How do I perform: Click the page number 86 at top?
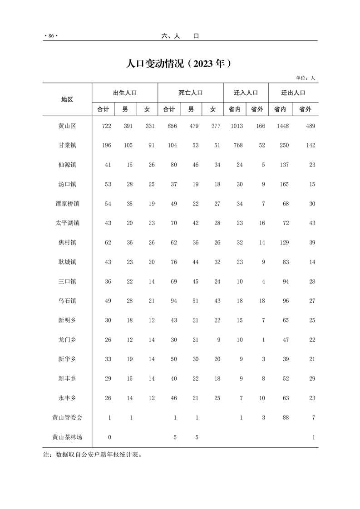[x=51, y=36]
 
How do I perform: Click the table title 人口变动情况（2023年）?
[x=180, y=64]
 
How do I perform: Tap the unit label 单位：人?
[x=305, y=78]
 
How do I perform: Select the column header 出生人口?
[x=125, y=93]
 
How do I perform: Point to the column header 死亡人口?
[x=191, y=93]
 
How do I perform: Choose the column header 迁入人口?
[x=246, y=93]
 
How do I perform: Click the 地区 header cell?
[x=67, y=99]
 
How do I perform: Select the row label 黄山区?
[x=67, y=126]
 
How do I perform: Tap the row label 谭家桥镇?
[x=67, y=204]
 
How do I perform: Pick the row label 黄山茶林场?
[x=67, y=437]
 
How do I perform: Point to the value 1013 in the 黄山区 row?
[x=237, y=126]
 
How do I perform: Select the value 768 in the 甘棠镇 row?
[x=238, y=145]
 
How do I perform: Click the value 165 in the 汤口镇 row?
[x=284, y=184]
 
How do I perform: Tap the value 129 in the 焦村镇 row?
[x=284, y=243]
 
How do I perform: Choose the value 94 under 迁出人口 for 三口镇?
[x=286, y=281]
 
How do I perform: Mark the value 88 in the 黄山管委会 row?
[x=286, y=418]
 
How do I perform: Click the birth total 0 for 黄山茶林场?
[x=109, y=437]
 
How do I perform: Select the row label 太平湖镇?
[x=67, y=223]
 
